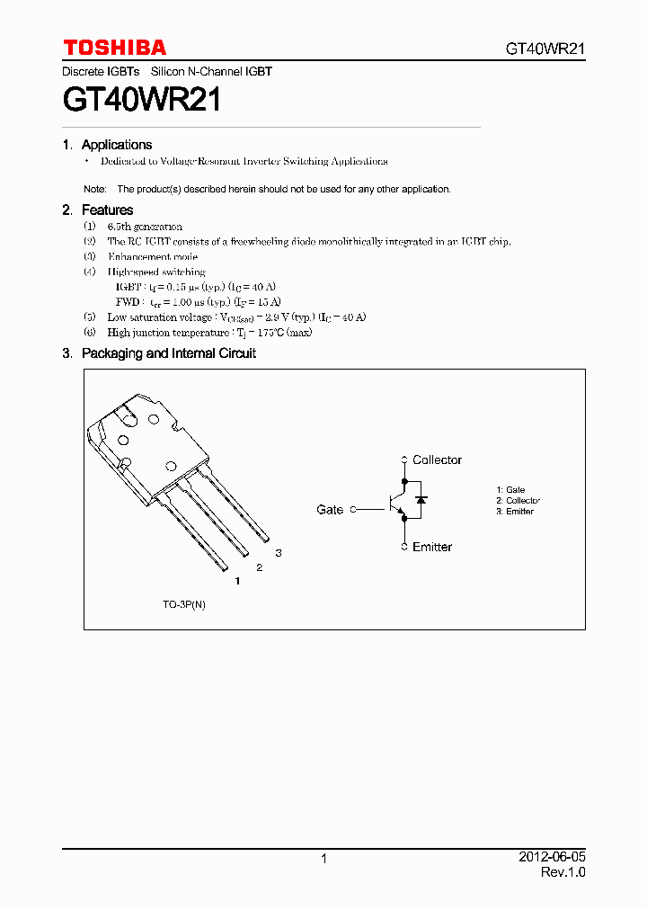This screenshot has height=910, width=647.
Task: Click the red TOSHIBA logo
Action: click(114, 48)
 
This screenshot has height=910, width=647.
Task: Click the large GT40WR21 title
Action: click(142, 99)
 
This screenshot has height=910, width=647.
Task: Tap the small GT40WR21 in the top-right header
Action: click(545, 49)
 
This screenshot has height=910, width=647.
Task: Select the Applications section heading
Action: click(116, 145)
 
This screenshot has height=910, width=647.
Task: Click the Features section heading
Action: click(107, 210)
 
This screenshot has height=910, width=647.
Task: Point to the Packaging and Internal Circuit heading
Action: click(168, 353)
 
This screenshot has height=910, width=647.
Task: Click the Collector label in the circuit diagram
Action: click(437, 459)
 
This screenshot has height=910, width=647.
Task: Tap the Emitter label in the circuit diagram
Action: click(432, 547)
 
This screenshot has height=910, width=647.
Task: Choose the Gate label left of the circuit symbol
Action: click(330, 510)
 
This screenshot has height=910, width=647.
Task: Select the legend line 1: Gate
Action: click(510, 490)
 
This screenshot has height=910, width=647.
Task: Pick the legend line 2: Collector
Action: click(518, 501)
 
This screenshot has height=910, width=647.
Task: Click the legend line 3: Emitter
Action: click(515, 512)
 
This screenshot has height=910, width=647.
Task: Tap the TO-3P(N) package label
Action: click(184, 604)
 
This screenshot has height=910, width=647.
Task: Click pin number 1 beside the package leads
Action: click(237, 582)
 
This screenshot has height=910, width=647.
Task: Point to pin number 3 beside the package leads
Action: click(279, 553)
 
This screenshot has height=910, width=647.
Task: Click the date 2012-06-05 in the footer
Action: click(552, 857)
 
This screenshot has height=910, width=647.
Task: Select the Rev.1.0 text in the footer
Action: click(563, 872)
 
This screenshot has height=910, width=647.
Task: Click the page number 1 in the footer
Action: click(323, 859)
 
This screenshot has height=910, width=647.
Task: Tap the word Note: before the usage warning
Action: click(94, 190)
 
